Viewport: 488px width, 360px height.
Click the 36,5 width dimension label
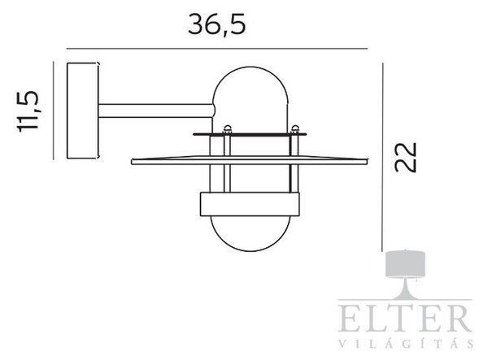[x=217, y=24]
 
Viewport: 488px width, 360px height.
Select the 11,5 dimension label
[x=28, y=111]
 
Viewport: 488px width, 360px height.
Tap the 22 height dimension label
[x=405, y=157]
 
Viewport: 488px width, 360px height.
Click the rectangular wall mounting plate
[x=83, y=111]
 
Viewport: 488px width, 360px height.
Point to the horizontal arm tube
[x=156, y=111]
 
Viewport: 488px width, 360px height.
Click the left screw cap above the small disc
[x=228, y=128]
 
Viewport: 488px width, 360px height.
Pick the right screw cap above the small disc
[x=294, y=128]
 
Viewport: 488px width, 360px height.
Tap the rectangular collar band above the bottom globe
[x=250, y=204]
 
